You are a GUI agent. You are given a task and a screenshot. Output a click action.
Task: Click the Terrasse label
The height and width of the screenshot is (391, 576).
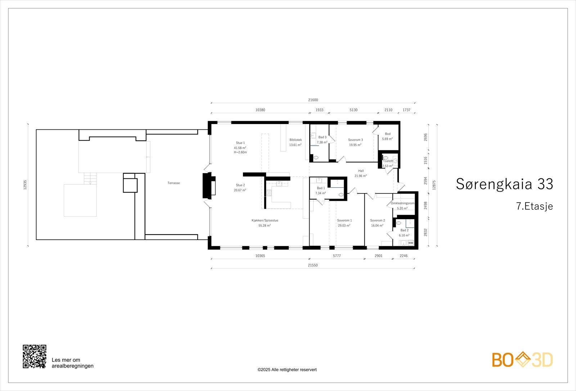pos(174,183)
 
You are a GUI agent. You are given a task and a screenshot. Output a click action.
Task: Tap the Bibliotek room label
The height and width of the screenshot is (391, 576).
pos(296,140)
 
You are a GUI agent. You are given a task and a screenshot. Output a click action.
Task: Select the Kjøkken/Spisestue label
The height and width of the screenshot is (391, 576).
pos(265,221)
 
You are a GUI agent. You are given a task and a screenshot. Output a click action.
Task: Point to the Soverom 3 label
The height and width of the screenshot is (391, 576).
pos(355,140)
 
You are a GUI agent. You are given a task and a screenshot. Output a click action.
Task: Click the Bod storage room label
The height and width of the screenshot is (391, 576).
pos(388,134)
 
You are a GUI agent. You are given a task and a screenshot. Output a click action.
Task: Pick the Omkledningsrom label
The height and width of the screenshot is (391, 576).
pos(402,204)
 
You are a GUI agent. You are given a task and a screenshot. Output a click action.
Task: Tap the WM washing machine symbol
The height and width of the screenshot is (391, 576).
pos(411,243)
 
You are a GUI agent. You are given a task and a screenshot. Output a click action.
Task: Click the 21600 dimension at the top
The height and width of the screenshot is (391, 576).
pos(313,100)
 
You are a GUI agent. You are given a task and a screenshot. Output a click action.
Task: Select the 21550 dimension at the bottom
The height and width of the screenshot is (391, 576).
pos(313,265)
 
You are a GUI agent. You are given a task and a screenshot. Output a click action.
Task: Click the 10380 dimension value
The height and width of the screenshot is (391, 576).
pos(260,110)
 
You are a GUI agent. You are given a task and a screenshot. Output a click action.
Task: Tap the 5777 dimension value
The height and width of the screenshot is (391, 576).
pos(337,256)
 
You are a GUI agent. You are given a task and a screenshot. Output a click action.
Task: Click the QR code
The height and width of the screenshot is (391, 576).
pos(35,356)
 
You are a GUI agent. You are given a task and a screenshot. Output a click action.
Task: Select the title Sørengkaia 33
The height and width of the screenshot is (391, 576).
pos(504,184)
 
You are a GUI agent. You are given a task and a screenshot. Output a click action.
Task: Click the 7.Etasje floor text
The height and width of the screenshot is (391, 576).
pos(534,206)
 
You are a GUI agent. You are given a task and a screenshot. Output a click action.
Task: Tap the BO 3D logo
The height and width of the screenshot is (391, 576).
pos(522,360)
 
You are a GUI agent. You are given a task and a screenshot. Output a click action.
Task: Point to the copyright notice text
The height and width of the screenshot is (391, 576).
pos(287,370)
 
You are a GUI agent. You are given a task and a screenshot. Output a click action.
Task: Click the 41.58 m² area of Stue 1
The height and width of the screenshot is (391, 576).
pos(240,148)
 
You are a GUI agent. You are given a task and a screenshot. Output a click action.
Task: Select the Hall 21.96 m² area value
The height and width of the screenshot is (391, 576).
pos(361,176)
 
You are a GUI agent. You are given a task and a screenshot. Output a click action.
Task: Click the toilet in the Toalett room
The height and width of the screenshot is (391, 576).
pos(386,158)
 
